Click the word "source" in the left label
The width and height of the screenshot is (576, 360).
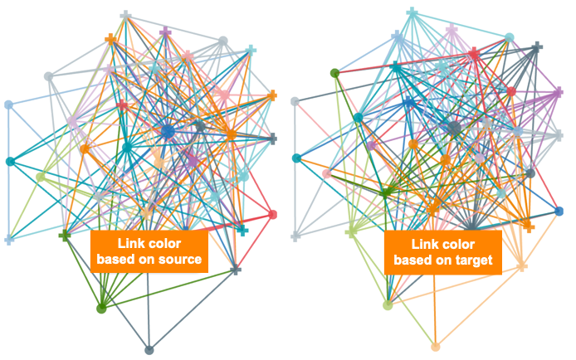(x=181, y=260)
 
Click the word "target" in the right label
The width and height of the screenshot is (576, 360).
(x=474, y=260)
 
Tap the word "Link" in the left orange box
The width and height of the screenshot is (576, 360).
(x=128, y=243)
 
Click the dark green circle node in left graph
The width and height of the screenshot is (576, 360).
(x=101, y=309)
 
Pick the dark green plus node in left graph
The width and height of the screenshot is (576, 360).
(x=65, y=236)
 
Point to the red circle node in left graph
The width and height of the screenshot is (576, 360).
(x=272, y=214)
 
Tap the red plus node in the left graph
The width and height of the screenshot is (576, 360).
(x=122, y=106)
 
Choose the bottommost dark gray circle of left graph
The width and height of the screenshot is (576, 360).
(x=149, y=350)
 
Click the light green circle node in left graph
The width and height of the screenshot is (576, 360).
(x=41, y=177)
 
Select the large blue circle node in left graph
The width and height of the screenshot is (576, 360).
(x=168, y=131)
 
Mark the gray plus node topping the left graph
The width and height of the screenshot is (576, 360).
(x=125, y=16)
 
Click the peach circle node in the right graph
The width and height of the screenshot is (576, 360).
(x=435, y=347)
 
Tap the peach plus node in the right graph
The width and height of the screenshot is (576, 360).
(x=521, y=265)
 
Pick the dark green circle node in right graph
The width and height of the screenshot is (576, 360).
(x=334, y=73)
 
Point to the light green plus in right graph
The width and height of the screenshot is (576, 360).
(x=351, y=232)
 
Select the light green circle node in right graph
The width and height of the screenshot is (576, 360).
(x=388, y=305)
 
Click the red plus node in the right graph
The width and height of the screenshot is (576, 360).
(x=474, y=54)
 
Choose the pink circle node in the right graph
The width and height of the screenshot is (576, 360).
(x=326, y=173)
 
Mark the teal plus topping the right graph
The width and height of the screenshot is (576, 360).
(x=412, y=12)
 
